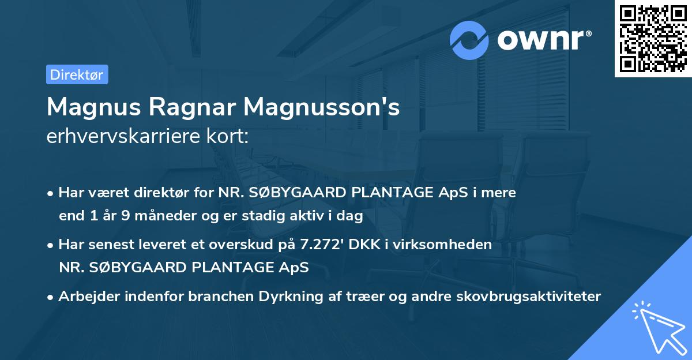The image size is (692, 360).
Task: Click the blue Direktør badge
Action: pyautogui.click(x=77, y=74)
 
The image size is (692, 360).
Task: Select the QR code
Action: pyautogui.click(x=653, y=39)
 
